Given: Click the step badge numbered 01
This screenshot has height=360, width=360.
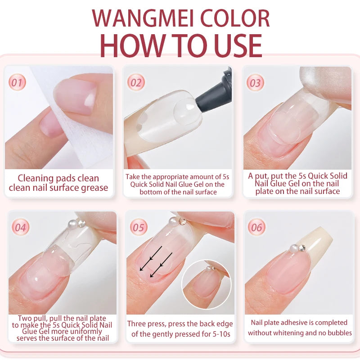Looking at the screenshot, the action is point(17,82).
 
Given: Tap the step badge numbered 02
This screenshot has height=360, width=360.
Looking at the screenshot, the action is point(136,82).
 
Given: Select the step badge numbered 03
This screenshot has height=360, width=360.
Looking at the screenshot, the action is point(255,83).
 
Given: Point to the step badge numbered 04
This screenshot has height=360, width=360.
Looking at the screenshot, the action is point(20,227).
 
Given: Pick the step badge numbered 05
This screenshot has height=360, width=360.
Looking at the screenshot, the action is point(139,227).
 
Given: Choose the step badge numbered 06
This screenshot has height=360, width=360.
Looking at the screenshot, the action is point(256,227).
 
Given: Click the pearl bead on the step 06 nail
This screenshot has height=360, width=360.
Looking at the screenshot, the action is point(294,248).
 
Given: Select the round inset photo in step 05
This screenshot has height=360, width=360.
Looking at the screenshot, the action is point(207,284).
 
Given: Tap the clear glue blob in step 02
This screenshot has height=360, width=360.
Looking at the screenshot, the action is point(186,112).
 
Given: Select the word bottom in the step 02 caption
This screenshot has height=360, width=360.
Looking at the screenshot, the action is point(150,192).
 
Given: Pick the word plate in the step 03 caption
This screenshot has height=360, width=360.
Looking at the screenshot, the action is point(264,192).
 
